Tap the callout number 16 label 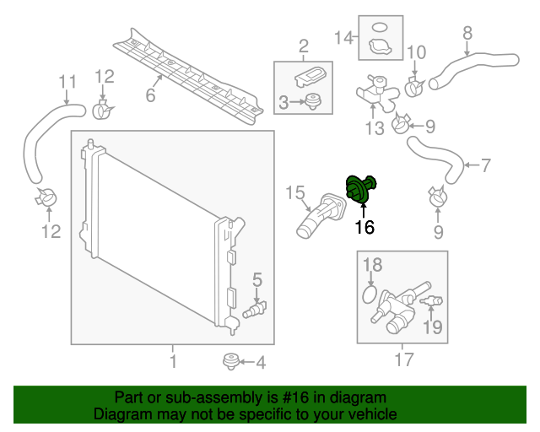364,226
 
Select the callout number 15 294,194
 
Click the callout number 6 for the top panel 151,95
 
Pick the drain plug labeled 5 253,310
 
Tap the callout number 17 404,360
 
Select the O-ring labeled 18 369,295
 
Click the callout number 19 432,327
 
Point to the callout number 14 343,37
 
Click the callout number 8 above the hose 467,34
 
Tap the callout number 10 416,52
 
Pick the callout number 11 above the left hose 66,82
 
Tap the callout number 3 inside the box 285,102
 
